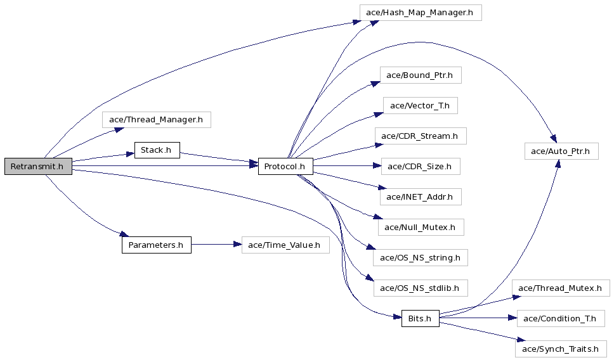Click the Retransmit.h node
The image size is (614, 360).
click(38, 166)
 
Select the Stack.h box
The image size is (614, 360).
click(157, 150)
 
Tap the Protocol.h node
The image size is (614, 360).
click(285, 166)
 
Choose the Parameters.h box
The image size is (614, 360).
click(157, 245)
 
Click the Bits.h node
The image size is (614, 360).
click(420, 319)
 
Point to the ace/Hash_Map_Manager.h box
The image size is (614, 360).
click(421, 13)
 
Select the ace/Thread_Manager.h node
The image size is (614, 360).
click(157, 119)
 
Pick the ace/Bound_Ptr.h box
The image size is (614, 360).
click(421, 75)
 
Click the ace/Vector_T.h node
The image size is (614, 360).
click(420, 106)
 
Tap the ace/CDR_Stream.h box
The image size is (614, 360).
click(421, 136)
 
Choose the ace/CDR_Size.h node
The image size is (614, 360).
click(421, 166)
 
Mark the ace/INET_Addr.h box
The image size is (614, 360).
click(421, 197)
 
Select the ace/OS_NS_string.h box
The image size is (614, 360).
click(421, 257)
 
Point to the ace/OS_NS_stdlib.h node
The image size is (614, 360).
click(421, 288)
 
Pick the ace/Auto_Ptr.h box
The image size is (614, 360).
click(561, 151)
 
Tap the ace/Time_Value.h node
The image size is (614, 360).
click(285, 245)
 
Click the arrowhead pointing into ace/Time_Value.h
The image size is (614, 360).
click(237, 245)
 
